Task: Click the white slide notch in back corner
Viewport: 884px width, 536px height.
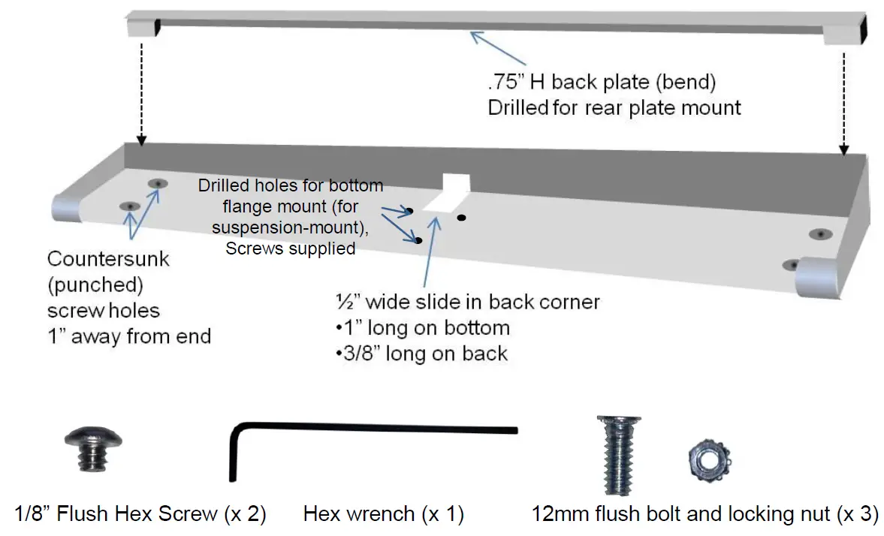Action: [x=453, y=194]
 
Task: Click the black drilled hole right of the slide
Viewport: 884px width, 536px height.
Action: [x=461, y=218]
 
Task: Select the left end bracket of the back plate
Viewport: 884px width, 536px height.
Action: [x=144, y=25]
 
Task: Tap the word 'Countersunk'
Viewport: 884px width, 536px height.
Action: [x=108, y=260]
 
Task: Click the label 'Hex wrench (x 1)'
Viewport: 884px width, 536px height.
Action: [x=383, y=514]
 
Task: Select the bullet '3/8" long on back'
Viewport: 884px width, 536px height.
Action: [x=421, y=353]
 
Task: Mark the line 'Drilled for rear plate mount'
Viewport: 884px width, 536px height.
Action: [x=614, y=107]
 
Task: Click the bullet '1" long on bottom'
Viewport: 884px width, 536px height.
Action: [x=423, y=328]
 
